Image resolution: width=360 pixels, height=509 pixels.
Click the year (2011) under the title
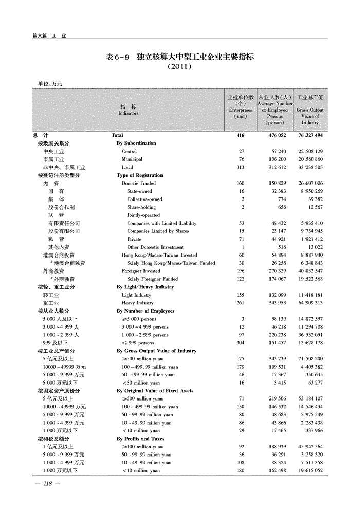(179, 67)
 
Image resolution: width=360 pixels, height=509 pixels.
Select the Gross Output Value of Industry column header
(310, 110)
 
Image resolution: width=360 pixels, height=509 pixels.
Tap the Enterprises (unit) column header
(241, 106)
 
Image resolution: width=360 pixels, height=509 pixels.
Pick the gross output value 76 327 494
(310, 135)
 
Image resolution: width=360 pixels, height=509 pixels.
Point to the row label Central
(129, 151)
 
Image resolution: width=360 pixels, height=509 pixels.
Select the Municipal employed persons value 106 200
(275, 159)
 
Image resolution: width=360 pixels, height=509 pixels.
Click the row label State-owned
(139, 191)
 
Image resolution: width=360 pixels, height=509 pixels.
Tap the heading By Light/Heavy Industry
(145, 287)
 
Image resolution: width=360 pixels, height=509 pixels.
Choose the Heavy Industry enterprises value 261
(241, 303)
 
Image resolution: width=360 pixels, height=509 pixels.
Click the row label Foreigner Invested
(141, 271)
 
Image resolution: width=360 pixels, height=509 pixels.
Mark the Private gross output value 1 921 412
(310, 239)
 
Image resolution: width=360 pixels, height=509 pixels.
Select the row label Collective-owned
(145, 199)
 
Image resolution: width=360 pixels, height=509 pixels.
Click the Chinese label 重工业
(51, 303)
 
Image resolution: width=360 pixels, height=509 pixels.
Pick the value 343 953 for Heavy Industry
(275, 303)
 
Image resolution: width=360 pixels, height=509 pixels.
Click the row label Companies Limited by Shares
(158, 231)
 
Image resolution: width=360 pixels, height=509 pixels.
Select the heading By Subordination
(136, 143)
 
